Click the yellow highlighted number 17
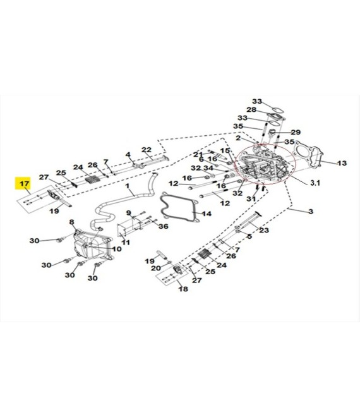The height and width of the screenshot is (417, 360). point(23,183)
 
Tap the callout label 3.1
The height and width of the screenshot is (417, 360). point(315,183)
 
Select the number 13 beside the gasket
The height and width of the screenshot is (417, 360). point(342,163)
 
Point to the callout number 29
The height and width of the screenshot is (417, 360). point(296,132)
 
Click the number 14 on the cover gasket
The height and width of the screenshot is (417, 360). point(207,214)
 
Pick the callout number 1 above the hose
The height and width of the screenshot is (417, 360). point(128,186)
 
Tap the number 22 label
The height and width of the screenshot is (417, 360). point(147,150)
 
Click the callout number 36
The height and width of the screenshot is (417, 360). point(163,226)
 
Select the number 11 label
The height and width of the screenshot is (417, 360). point(126,242)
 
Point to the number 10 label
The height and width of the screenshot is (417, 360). point(116,249)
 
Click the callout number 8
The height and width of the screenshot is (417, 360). point(71,222)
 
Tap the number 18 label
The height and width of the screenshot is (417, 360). point(183,289)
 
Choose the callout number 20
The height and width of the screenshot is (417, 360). point(156,268)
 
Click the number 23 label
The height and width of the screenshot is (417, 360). point(264,230)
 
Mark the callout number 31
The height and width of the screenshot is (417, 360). point(251,198)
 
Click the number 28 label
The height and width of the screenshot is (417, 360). point(251,109)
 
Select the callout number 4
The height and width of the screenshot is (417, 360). point(128,155)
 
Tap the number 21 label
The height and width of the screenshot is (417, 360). point(198,155)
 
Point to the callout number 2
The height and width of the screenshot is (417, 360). point(238,138)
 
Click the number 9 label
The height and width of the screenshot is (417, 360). point(129,213)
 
